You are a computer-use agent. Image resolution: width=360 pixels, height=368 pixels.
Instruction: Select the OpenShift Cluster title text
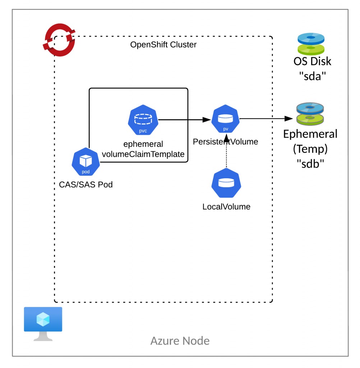[x=163, y=45]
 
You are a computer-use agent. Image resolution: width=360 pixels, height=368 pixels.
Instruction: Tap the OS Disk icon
[x=311, y=44]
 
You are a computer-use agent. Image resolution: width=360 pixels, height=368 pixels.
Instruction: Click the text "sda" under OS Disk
[x=312, y=76]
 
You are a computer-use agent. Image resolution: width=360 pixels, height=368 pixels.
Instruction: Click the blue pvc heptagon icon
[x=143, y=120]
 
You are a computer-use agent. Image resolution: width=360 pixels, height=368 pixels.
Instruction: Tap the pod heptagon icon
[x=86, y=162]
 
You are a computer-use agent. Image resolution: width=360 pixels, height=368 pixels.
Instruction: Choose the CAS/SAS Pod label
[x=86, y=185]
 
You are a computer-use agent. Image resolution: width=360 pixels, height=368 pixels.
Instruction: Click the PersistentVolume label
[x=226, y=142]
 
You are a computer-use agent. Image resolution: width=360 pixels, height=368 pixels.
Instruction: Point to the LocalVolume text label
[x=226, y=207]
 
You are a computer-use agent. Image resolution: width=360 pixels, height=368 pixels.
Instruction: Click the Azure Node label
[x=180, y=340]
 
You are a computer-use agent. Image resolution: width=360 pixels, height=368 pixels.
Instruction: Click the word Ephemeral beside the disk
[x=310, y=134]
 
